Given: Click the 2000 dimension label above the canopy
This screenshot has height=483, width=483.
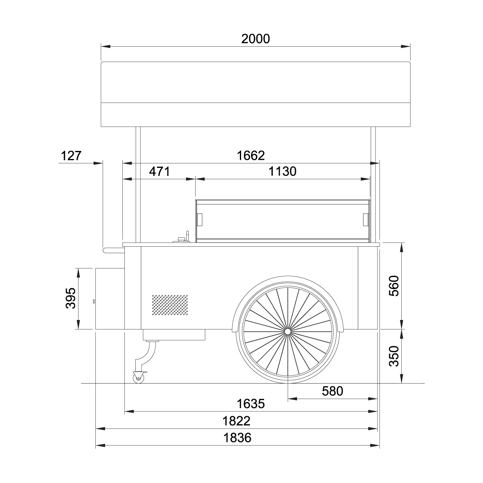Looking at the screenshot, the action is [x=256, y=39].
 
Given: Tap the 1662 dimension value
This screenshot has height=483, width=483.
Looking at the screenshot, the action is [x=251, y=156].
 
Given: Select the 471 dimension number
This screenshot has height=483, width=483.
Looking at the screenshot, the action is [x=159, y=172].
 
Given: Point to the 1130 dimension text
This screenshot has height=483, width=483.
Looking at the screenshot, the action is [x=283, y=172].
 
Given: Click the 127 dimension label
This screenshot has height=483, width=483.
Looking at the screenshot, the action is [x=71, y=156].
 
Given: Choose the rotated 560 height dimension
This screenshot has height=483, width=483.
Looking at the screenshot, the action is [x=394, y=286].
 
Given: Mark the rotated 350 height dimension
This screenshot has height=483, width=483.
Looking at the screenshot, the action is [x=394, y=356].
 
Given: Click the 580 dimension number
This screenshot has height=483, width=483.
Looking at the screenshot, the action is [x=332, y=391].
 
